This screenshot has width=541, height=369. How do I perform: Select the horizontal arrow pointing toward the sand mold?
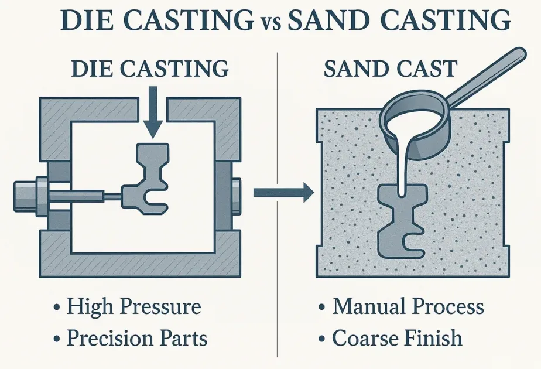click(280, 192)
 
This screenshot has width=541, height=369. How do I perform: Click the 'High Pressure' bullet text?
click(133, 306)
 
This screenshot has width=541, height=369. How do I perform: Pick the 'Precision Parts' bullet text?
click(136, 338)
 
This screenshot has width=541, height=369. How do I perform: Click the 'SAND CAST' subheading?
click(390, 69)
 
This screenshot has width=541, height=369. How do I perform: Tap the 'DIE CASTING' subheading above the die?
click(150, 69)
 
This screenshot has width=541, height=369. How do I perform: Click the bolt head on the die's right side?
click(235, 190)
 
